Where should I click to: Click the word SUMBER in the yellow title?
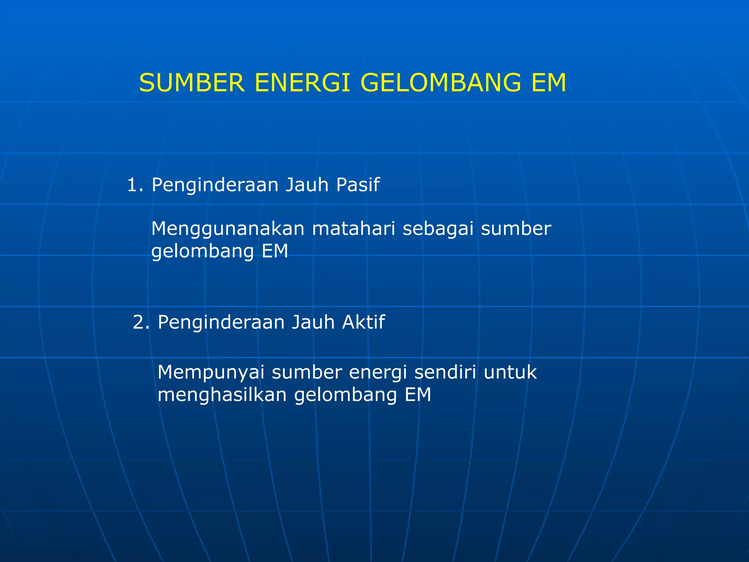point(192,83)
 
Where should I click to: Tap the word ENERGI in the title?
point(302,83)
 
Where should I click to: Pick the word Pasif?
point(358,185)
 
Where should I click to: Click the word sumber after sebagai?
point(516,229)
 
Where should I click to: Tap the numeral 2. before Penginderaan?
point(141,322)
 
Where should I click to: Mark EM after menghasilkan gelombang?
point(418,395)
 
